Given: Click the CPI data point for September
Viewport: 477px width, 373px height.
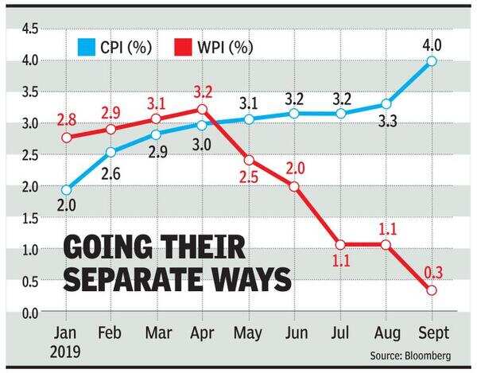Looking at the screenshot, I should pyautogui.click(x=432, y=61).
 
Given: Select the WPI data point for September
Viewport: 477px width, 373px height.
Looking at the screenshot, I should pyautogui.click(x=432, y=290).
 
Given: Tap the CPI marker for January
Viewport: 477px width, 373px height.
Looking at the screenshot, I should pyautogui.click(x=66, y=190).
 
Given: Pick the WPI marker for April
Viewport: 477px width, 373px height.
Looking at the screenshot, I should pyautogui.click(x=203, y=110).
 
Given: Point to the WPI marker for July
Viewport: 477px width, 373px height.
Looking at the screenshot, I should pyautogui.click(x=341, y=245).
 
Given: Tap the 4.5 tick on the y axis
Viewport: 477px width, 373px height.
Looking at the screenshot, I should pyautogui.click(x=29, y=29).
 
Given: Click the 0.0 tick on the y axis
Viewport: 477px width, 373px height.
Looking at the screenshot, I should pyautogui.click(x=29, y=312).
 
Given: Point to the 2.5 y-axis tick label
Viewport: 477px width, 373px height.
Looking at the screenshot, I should pyautogui.click(x=29, y=155).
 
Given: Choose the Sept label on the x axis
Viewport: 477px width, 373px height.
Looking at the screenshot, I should pyautogui.click(x=432, y=332).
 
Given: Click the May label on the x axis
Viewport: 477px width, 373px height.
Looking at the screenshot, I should pyautogui.click(x=249, y=332).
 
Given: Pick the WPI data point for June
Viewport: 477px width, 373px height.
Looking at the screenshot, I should pyautogui.click(x=295, y=187).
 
